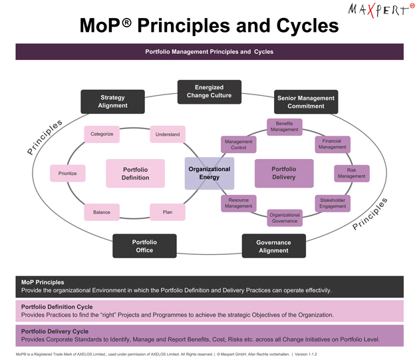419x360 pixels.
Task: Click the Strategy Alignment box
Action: click(112, 102)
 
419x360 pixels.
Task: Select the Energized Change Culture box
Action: click(209, 92)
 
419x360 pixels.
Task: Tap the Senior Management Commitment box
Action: click(306, 102)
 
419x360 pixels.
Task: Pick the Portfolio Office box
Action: click(144, 246)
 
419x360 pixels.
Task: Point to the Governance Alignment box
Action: click(273, 246)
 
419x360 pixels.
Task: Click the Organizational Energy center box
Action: click(209, 173)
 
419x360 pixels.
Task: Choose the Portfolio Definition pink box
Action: click(135, 173)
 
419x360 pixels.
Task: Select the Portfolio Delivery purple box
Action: click(284, 173)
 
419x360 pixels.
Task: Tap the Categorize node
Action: click(102, 134)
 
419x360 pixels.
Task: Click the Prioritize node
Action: click(67, 173)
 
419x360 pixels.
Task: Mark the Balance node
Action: click(102, 212)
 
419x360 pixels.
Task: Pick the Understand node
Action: click(167, 134)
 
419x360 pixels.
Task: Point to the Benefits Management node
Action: click(284, 126)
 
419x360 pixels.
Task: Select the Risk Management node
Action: click(351, 173)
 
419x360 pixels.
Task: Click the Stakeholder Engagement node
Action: click(333, 203)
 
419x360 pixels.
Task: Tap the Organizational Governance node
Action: click(284, 218)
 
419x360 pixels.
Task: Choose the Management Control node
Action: click(238, 144)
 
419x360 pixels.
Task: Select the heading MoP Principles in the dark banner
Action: click(43, 283)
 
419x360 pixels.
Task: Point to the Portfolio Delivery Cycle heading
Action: click(55, 331)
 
